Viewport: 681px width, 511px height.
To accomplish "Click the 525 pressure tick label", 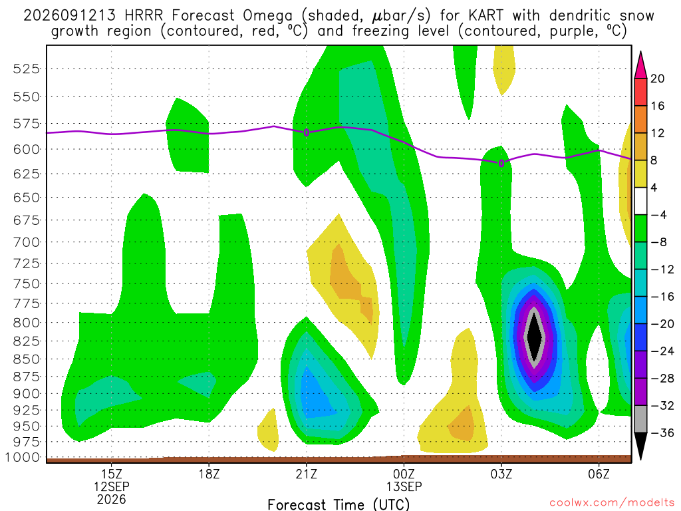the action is pyautogui.click(x=26, y=69).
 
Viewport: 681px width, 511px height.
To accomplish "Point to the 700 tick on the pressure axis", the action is pyautogui.click(x=26, y=242).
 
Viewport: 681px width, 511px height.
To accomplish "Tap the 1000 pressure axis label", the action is pyautogui.click(x=23, y=458).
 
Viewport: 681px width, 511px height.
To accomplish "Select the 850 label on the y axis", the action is pyautogui.click(x=26, y=359).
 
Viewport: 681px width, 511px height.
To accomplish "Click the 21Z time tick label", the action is pyautogui.click(x=307, y=474).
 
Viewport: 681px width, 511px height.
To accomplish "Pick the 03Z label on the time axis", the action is pyautogui.click(x=501, y=474).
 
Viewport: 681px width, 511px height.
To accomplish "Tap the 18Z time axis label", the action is pyautogui.click(x=209, y=474).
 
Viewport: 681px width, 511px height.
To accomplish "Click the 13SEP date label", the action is pyautogui.click(x=404, y=486).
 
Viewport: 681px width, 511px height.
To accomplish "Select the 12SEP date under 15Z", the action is pyautogui.click(x=112, y=486).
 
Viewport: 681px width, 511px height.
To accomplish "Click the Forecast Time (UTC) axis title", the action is pyautogui.click(x=339, y=504).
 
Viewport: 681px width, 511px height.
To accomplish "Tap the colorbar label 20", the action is pyautogui.click(x=658, y=79).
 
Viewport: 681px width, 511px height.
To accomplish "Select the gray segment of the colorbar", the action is pyautogui.click(x=640, y=419).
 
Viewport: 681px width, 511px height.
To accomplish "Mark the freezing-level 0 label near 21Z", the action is pyautogui.click(x=307, y=132).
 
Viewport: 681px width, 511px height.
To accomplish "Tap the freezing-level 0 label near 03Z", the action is pyautogui.click(x=501, y=164).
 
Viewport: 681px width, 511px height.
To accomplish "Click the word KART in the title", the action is pyautogui.click(x=486, y=16).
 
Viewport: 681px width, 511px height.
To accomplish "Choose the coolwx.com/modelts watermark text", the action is pyautogui.click(x=612, y=503).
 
